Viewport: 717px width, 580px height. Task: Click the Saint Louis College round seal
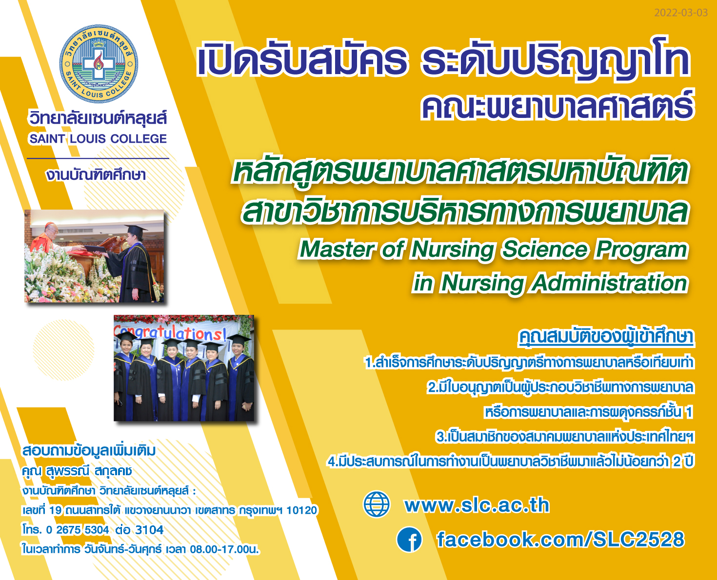point(99,63)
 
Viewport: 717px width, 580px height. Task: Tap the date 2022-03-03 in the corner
point(681,13)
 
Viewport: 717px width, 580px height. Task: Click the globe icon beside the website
point(377,504)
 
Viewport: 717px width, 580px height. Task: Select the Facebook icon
point(409,539)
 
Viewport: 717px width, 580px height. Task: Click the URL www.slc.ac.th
point(477,505)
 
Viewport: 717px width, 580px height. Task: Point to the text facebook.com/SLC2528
point(560,540)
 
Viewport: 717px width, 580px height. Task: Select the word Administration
point(609,283)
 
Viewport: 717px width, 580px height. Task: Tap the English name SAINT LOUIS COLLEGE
point(98,138)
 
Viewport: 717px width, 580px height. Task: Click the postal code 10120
point(301,510)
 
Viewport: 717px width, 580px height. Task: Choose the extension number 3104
point(149,530)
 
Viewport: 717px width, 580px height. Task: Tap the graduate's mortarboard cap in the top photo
point(135,230)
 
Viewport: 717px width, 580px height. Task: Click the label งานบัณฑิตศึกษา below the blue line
point(96,175)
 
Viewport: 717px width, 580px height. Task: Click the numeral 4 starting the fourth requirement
point(332,462)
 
